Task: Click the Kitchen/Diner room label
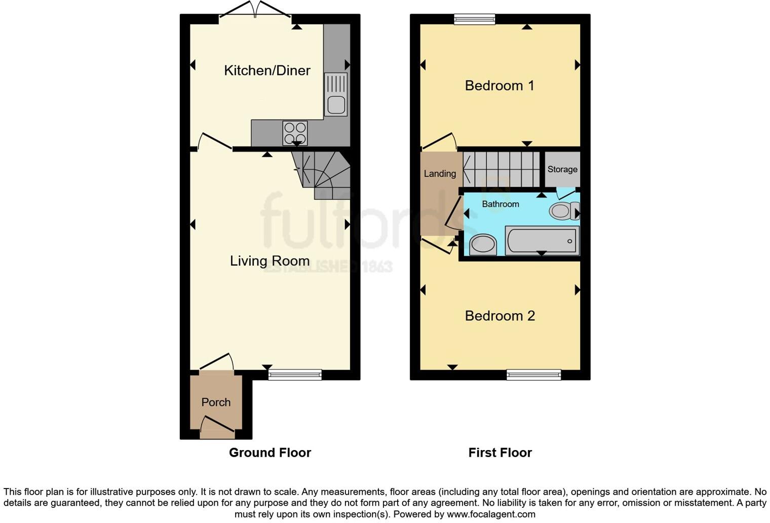267,70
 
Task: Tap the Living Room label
269,261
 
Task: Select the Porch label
216,402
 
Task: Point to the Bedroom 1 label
499,86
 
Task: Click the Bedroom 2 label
499,316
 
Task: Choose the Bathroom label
500,204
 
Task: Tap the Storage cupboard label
562,169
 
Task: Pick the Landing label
440,174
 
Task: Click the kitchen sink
336,95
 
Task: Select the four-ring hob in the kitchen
295,133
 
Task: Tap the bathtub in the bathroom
542,240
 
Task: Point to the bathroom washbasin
483,244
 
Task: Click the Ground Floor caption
269,453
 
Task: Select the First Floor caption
499,453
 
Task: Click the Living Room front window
295,375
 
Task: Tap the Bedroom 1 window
474,19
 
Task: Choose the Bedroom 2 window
533,375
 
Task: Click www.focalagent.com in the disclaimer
490,514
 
